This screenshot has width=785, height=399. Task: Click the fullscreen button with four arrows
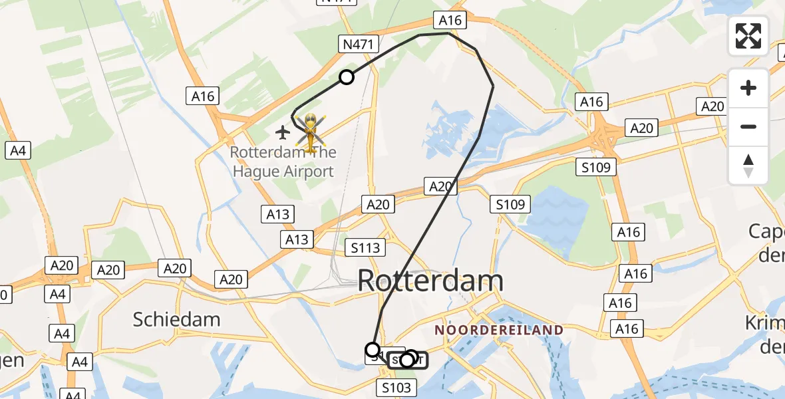pyautogui.click(x=748, y=35)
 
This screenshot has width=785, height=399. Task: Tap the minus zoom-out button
pyautogui.click(x=748, y=126)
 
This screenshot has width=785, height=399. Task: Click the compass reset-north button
pyautogui.click(x=748, y=166)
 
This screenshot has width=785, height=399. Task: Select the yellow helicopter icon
pyautogui.click(x=310, y=131)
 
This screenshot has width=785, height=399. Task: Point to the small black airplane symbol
pyautogui.click(x=283, y=132)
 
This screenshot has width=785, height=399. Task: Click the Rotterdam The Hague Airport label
pyautogui.click(x=283, y=162)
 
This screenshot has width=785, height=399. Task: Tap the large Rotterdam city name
pyautogui.click(x=430, y=281)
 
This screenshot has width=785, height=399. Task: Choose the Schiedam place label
pyautogui.click(x=176, y=319)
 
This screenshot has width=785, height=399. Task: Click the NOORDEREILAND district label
pyautogui.click(x=499, y=330)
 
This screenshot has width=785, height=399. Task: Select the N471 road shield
pyautogui.click(x=359, y=45)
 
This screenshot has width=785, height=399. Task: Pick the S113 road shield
pyautogui.click(x=366, y=248)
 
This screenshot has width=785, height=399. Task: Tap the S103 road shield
pyautogui.click(x=397, y=387)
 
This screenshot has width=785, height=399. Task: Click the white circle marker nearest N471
pyautogui.click(x=347, y=77)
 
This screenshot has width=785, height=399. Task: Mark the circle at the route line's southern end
pyautogui.click(x=373, y=349)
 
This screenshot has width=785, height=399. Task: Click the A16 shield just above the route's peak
pyautogui.click(x=450, y=21)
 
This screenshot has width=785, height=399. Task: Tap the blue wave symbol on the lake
pyautogui.click(x=558, y=214)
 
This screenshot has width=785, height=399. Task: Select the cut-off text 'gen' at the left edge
pyautogui.click(x=11, y=360)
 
